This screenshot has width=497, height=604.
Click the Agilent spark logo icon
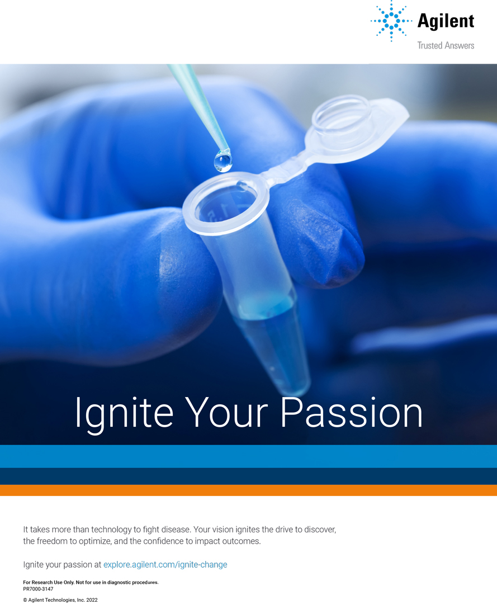pyautogui.click(x=391, y=21)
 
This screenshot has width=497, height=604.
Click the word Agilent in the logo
pyautogui.click(x=446, y=21)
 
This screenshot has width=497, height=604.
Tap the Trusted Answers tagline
pyautogui.click(x=446, y=45)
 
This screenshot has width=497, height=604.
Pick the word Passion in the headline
pyautogui.click(x=352, y=412)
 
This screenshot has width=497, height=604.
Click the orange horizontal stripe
pyautogui.click(x=248, y=490)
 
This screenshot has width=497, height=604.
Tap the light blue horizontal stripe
pyautogui.click(x=248, y=456)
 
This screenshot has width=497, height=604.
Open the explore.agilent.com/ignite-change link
pyautogui.click(x=165, y=565)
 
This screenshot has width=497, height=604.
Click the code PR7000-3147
pyautogui.click(x=38, y=589)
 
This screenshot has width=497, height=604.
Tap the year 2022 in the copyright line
pyautogui.click(x=92, y=600)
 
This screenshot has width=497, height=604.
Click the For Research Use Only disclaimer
pyautogui.click(x=91, y=582)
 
